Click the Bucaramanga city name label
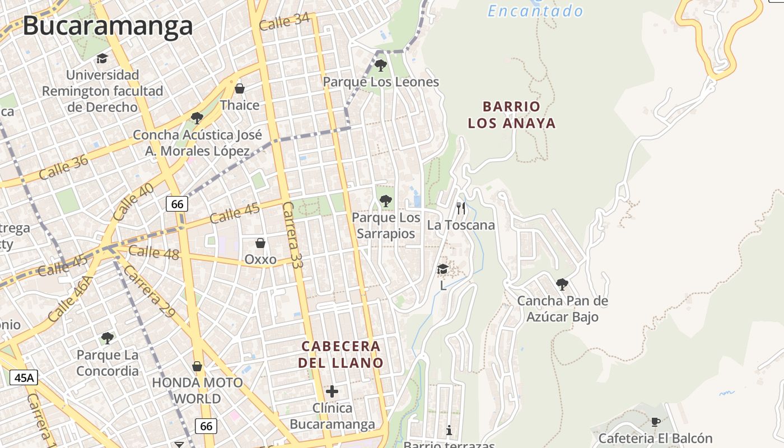[108, 26]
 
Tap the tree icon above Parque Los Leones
[381, 66]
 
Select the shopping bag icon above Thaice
[240, 88]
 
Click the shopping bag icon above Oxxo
[260, 243]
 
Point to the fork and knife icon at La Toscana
[461, 208]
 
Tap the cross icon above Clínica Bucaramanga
[332, 391]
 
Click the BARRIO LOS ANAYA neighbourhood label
[512, 115]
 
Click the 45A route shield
[24, 377]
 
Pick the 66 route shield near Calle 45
[177, 204]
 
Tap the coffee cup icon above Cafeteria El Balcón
[656, 422]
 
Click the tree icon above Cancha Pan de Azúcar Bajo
[562, 284]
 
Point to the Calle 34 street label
[284, 22]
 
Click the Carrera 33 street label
[292, 235]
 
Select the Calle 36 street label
[64, 167]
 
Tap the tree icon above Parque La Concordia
[108, 338]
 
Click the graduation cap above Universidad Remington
[102, 58]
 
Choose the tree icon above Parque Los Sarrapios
[385, 200]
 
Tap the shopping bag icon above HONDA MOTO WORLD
[197, 366]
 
